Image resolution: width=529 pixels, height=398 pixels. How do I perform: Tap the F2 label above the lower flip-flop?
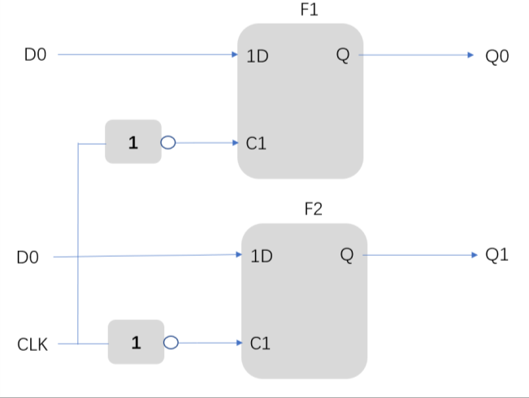pyautogui.click(x=314, y=210)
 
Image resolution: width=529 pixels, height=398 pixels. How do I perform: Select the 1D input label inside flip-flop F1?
pyautogui.click(x=258, y=57)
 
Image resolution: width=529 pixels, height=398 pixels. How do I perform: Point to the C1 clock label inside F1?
pyautogui.click(x=256, y=144)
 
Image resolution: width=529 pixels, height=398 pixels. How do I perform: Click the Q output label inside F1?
pyautogui.click(x=341, y=55)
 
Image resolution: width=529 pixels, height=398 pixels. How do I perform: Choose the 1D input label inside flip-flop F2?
pyautogui.click(x=262, y=257)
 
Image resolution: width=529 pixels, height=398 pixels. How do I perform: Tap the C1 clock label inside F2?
pyautogui.click(x=260, y=344)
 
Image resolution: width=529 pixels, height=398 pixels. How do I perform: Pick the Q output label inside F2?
pyautogui.click(x=347, y=256)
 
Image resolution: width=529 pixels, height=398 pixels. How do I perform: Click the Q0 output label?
pyautogui.click(x=496, y=57)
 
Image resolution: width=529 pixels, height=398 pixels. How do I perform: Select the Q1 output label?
pyautogui.click(x=496, y=255)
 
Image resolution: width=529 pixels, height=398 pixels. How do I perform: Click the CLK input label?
pyautogui.click(x=33, y=344)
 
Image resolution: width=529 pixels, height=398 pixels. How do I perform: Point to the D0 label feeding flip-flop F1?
pyautogui.click(x=36, y=55)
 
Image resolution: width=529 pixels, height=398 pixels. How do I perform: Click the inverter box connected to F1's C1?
pyautogui.click(x=132, y=142)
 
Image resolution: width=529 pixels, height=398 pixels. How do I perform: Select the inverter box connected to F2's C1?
pyautogui.click(x=136, y=343)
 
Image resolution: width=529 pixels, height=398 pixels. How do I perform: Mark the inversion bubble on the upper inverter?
pyautogui.click(x=168, y=143)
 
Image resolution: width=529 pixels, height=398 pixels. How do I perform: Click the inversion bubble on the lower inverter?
pyautogui.click(x=171, y=343)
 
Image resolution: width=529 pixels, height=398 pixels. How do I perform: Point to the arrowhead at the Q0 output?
pyautogui.click(x=470, y=55)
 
